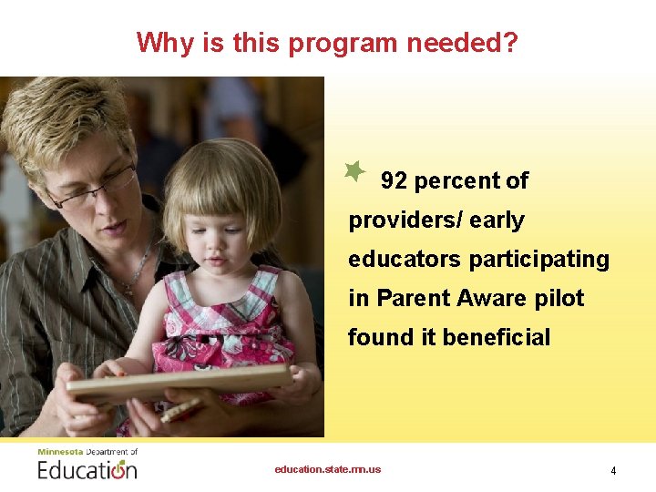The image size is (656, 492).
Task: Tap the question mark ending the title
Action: (510, 43)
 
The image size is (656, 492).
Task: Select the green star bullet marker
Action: (354, 170)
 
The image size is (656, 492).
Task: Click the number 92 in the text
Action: (394, 181)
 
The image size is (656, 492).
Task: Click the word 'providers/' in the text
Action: (402, 220)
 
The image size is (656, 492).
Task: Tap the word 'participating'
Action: (539, 260)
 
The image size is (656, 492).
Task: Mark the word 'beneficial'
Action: (497, 338)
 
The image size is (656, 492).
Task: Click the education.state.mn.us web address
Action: (328, 469)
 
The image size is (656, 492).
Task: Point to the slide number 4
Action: (613, 471)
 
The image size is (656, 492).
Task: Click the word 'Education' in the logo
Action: (87, 470)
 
